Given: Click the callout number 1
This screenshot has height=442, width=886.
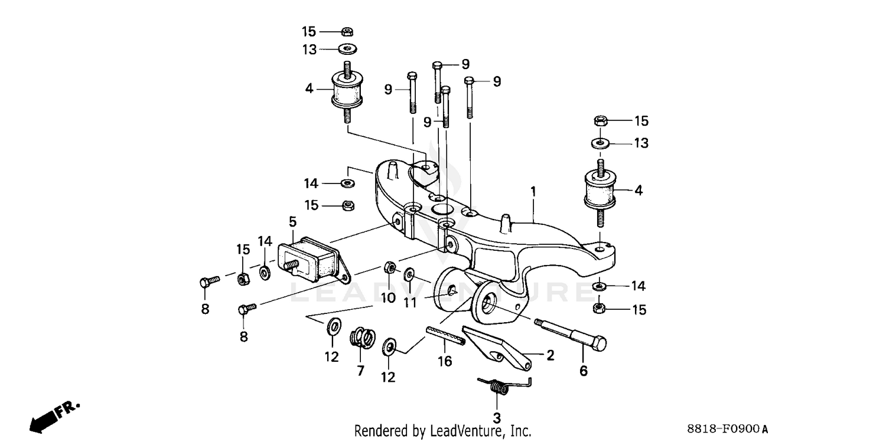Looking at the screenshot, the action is tap(533, 192).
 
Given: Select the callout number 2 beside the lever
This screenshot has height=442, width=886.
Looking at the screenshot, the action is tap(550, 355).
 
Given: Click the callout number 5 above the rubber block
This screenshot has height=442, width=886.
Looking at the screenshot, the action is tap(293, 222).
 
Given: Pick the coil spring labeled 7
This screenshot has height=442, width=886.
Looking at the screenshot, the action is tap(363, 338).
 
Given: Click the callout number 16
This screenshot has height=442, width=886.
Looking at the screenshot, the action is tap(445, 361).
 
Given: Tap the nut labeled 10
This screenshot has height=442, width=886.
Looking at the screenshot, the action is tap(390, 268).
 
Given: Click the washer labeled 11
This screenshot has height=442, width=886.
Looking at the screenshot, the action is tap(409, 274).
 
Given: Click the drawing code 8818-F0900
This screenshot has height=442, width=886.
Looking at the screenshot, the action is tap(722, 428).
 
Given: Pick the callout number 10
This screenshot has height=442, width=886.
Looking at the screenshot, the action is tap(388, 297).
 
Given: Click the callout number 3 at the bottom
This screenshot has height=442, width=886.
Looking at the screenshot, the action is tap(497, 418).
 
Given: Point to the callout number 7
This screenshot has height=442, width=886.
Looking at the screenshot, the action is tap(360, 371).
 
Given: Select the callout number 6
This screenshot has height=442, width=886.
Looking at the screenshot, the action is tap(584, 371).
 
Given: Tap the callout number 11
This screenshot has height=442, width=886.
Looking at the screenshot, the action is tap(410, 303).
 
